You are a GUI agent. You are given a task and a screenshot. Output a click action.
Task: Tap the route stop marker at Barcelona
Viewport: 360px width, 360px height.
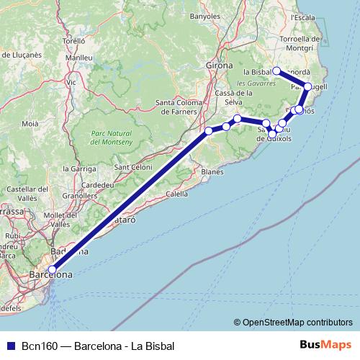point(52,270)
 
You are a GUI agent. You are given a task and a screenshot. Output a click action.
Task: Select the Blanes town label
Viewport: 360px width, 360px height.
point(212,172)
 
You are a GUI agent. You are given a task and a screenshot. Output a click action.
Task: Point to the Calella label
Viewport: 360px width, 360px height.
point(177,194)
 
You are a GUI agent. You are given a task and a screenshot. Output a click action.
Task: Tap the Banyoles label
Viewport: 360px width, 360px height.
point(205,15)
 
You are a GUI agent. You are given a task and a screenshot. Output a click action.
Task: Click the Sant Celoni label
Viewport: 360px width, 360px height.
point(130,168)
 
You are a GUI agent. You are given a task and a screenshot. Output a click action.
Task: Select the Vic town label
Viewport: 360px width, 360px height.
point(71,83)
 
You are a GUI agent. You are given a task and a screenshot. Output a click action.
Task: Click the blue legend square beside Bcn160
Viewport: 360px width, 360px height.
point(9,346)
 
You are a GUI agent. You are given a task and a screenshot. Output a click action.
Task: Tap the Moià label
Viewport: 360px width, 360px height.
point(30,124)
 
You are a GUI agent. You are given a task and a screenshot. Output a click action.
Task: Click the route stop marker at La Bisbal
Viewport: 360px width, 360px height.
point(276,71)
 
